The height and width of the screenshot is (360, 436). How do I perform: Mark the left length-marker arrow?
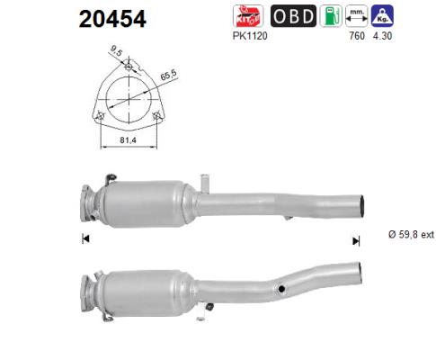tap(85, 238)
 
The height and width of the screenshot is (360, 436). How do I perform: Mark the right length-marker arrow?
tap(356, 239)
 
